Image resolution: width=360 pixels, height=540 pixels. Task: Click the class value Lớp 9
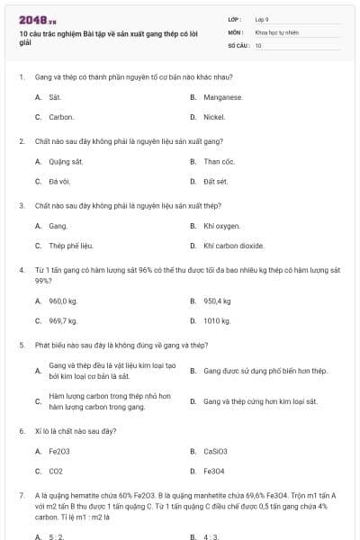coord(262,19)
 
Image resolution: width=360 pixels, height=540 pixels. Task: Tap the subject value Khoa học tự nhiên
coord(275,31)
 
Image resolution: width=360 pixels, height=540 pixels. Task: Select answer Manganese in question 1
coord(223,96)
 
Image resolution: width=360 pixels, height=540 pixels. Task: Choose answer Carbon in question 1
coord(61,117)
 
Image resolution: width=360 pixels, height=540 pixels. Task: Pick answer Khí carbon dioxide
coord(233,245)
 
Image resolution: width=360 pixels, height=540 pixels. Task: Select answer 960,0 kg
coord(63,301)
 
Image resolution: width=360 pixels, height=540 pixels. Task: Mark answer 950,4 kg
coord(217,301)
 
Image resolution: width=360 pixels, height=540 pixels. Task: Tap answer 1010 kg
coord(217,320)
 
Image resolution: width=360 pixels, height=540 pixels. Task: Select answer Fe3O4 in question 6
coord(214,470)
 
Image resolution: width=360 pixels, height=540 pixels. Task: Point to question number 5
coord(22,345)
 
